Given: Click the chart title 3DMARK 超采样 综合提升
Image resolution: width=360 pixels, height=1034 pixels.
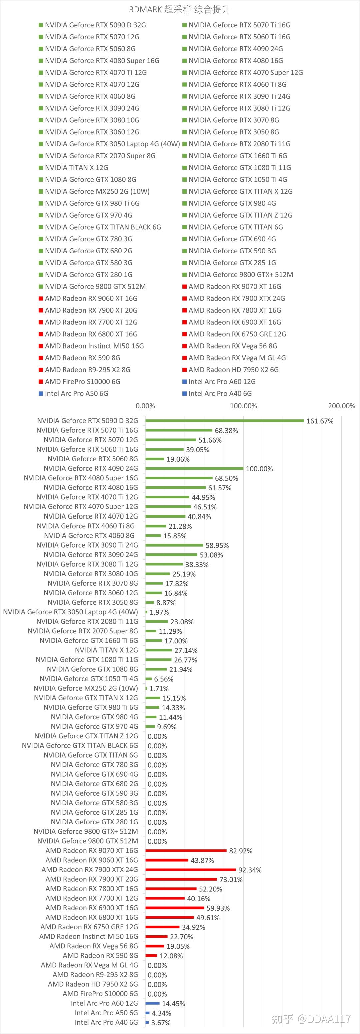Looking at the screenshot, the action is (180, 10).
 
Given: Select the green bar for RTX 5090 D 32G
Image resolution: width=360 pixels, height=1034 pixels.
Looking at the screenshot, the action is (225, 421).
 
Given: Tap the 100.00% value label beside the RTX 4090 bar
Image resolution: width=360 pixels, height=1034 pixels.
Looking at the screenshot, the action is (259, 469).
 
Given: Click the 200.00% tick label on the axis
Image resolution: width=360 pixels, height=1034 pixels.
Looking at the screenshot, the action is (342, 406).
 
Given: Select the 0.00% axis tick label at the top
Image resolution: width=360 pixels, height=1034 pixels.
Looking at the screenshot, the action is (145, 406).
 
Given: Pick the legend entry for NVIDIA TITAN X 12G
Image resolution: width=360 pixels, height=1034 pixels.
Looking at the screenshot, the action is (73, 168).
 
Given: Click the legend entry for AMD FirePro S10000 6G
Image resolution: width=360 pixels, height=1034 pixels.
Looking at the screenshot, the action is (79, 382).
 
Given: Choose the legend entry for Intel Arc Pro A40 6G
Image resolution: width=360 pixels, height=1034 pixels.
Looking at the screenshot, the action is (217, 394).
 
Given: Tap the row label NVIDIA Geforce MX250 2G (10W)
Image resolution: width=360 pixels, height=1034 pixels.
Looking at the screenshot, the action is (85, 688).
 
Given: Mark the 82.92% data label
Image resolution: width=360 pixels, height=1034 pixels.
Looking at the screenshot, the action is (241, 851).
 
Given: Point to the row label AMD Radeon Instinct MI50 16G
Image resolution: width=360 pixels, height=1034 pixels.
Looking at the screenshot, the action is (89, 936).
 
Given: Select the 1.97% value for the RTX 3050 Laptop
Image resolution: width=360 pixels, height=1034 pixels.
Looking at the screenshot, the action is (159, 612).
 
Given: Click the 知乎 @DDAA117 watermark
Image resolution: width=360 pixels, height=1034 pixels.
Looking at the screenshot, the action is (311, 1019).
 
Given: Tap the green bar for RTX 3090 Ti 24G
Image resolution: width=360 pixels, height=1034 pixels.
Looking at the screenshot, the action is (175, 545).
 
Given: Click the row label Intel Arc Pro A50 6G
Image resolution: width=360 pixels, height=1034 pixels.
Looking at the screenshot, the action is (106, 1013).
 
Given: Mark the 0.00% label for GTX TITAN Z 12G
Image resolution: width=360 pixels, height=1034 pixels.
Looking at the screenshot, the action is (157, 736).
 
